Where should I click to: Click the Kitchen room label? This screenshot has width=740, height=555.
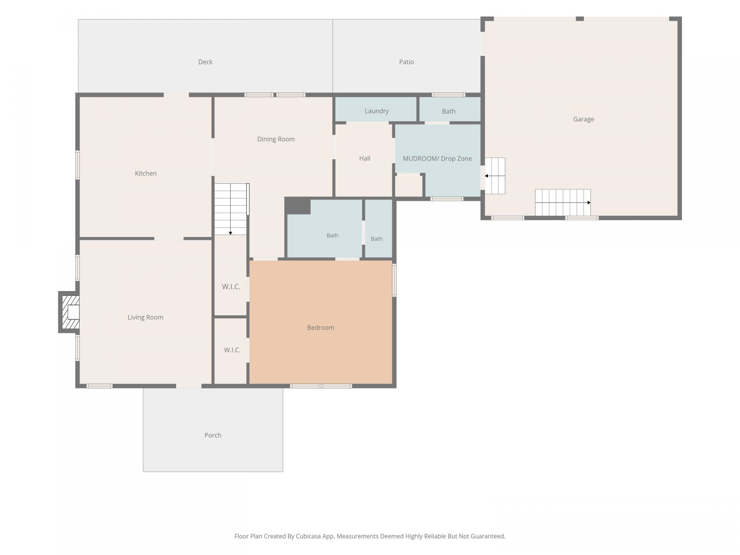coord(146,173)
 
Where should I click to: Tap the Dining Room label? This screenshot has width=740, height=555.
coord(276,139)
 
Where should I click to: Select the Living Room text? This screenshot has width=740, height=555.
coord(145,317)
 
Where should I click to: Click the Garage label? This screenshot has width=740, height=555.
coord(584,119)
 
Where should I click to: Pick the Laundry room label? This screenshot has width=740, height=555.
coord(377,111)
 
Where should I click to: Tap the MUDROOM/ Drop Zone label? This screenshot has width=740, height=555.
coord(437,158)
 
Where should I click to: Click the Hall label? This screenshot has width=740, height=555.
coord(365,158)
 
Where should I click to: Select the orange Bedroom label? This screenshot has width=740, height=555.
coord(321,328)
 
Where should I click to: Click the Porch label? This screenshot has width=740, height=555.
coord(213,435)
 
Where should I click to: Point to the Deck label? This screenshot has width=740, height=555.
coord(205,62)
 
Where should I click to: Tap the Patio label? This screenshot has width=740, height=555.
coord(406,62)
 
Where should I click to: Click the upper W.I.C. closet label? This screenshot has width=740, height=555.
coord(231,287)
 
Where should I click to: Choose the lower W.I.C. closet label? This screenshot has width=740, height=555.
coord(232,350)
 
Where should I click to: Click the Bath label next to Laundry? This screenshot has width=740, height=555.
coord(449,111)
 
